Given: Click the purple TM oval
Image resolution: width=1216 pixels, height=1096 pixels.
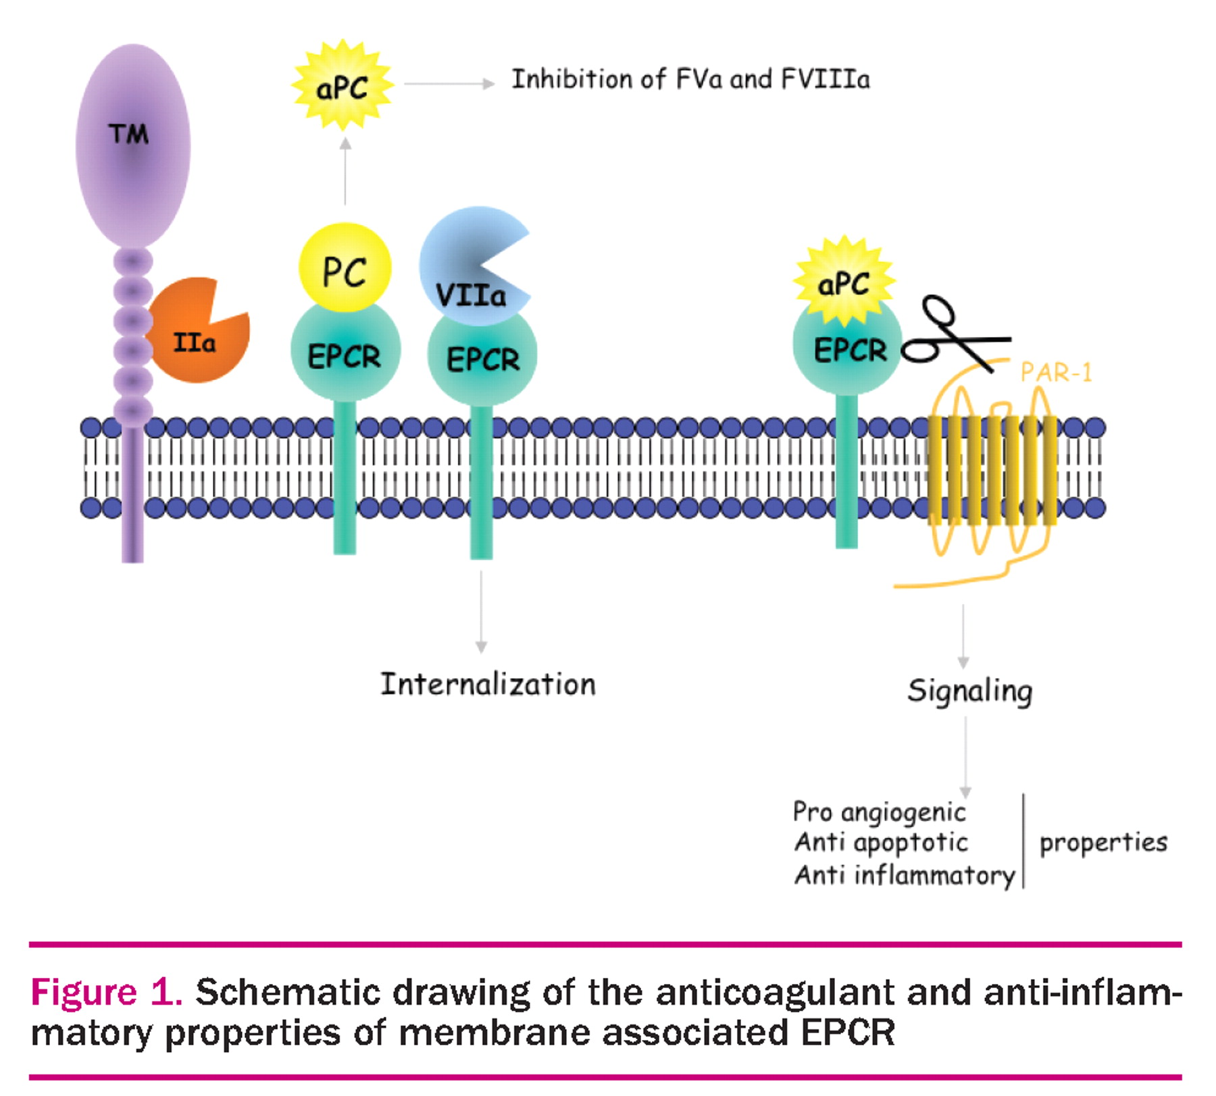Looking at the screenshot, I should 132,145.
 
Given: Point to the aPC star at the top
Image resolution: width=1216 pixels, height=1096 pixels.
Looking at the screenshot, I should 343,86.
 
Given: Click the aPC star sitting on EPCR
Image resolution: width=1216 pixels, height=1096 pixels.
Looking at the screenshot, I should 844,280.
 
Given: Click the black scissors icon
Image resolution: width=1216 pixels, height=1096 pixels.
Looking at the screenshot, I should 953,334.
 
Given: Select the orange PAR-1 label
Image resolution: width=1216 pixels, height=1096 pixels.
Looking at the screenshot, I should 1056,372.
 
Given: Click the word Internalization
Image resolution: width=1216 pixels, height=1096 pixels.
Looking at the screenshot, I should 488,685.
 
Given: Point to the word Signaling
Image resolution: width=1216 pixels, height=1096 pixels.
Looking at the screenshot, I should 969,691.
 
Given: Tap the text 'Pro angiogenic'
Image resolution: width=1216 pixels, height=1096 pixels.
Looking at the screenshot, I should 879,812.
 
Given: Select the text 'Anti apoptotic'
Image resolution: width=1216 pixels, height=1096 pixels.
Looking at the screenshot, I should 881,843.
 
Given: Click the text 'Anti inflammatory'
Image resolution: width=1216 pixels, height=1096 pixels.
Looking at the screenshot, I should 904,875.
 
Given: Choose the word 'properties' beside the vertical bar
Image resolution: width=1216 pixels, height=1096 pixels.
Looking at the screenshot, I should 1103,843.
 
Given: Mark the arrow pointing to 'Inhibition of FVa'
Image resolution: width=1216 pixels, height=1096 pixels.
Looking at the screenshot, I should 449,84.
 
